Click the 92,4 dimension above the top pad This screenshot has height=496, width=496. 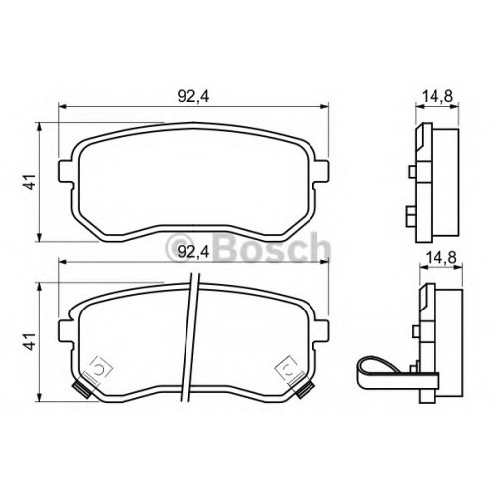193,96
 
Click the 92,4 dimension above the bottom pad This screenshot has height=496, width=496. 193,252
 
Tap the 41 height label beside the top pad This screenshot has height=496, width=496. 31,182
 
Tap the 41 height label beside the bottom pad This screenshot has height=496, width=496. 31,341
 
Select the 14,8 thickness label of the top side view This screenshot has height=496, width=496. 437,96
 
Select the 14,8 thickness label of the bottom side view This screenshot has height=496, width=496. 440,257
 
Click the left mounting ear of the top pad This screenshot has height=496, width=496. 65,171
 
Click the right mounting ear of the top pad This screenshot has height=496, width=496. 321,171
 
